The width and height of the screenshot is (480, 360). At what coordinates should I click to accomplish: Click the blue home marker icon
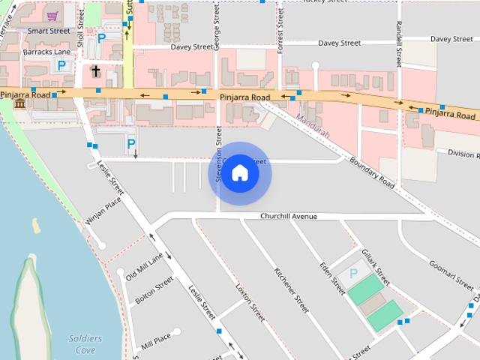(239, 173)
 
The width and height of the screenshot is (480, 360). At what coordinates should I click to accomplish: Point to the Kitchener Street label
(292, 289)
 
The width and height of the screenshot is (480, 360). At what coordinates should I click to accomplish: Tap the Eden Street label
(331, 277)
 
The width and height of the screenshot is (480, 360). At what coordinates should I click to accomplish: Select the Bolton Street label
(154, 289)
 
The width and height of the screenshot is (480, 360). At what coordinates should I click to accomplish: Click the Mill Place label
(156, 337)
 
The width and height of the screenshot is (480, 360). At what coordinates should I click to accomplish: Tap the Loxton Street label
(250, 302)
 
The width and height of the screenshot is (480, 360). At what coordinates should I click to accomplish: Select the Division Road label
(463, 154)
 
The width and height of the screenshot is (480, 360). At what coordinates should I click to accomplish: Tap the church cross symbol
(95, 71)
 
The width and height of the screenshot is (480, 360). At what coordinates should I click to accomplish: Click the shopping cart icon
(52, 16)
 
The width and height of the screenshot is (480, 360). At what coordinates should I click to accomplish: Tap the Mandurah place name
(313, 121)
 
